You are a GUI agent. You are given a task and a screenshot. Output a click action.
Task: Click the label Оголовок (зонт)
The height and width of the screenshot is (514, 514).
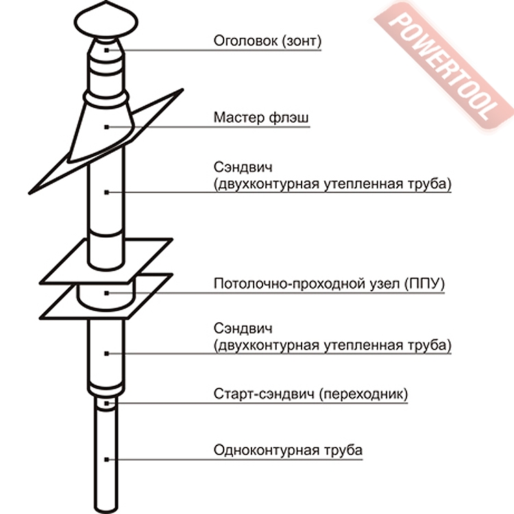pos(267,41)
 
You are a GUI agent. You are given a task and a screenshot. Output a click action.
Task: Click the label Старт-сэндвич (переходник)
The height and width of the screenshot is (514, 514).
pos(311,395)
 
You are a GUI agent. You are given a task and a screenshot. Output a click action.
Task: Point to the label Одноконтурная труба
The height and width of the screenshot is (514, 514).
pos(288,450)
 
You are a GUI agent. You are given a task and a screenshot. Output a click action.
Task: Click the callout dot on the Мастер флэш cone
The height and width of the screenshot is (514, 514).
pos(106,127)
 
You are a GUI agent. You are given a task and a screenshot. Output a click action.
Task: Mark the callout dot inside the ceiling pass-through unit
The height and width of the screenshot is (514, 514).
pos(106,293)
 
